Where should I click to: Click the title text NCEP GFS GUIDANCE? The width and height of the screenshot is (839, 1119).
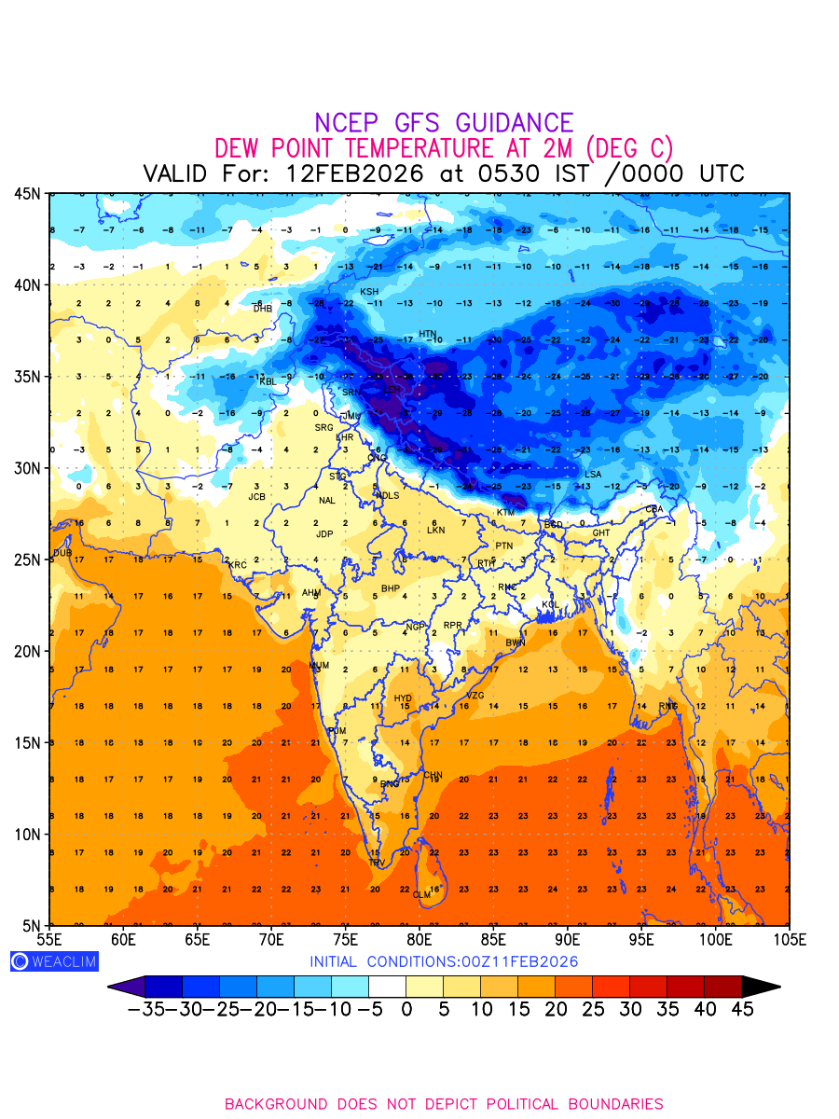tap(444, 123)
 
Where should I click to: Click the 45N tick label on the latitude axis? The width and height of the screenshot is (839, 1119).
tap(28, 194)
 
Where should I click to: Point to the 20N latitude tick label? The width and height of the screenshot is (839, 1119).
tap(28, 651)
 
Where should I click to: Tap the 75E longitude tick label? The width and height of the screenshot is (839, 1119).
tap(346, 938)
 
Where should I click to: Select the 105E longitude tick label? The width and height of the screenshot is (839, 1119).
tap(788, 938)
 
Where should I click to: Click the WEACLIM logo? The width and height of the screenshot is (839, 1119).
tap(54, 961)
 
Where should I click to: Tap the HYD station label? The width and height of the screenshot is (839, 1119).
tap(403, 698)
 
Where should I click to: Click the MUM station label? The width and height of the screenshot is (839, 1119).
tap(319, 666)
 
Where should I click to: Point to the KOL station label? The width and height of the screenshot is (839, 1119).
tap(552, 605)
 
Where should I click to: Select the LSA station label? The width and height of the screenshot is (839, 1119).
tap(593, 475)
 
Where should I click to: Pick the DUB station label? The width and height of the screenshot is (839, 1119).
tap(62, 553)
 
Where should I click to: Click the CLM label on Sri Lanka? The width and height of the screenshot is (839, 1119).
tap(422, 894)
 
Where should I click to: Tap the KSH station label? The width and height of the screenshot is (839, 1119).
tap(369, 292)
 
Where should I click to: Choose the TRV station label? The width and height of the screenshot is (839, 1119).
tap(377, 863)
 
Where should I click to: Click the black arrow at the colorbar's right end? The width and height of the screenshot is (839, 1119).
tap(760, 987)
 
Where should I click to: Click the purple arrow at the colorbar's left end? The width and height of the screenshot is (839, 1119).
tap(127, 987)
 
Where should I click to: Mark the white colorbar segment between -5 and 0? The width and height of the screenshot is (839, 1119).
tap(387, 987)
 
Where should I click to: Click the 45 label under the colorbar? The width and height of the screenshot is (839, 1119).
tap(741, 1009)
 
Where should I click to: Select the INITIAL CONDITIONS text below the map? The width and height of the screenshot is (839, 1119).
tap(444, 961)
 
